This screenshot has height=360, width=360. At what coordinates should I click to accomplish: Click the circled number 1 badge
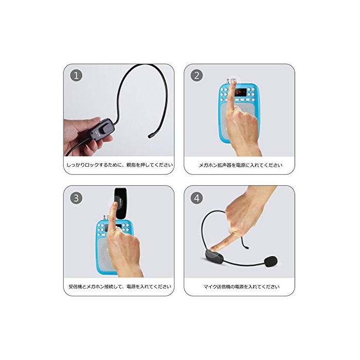pos(76,75)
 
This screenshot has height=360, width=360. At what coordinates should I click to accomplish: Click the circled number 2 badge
pos(197,75)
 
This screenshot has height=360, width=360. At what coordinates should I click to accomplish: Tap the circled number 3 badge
pos(76,198)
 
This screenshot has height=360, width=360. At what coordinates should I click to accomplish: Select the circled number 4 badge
pos(197,198)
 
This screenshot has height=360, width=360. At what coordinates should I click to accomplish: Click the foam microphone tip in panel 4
pos(271,261)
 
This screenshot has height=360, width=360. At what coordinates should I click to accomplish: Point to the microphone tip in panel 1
pos(151,136)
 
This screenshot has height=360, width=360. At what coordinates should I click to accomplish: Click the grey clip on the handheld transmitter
pos(107,128)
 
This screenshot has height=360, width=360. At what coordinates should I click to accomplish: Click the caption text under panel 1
pos(120,165)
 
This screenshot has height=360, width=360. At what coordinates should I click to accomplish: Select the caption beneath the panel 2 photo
pos(240,165)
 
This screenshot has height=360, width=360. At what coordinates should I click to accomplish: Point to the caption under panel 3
pos(120,286)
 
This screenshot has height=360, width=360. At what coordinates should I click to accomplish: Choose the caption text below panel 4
pos(242,286)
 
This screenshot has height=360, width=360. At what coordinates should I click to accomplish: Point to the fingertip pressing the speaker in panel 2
pos(233,82)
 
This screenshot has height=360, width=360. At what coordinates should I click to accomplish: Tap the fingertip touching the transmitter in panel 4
pos(213,248)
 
